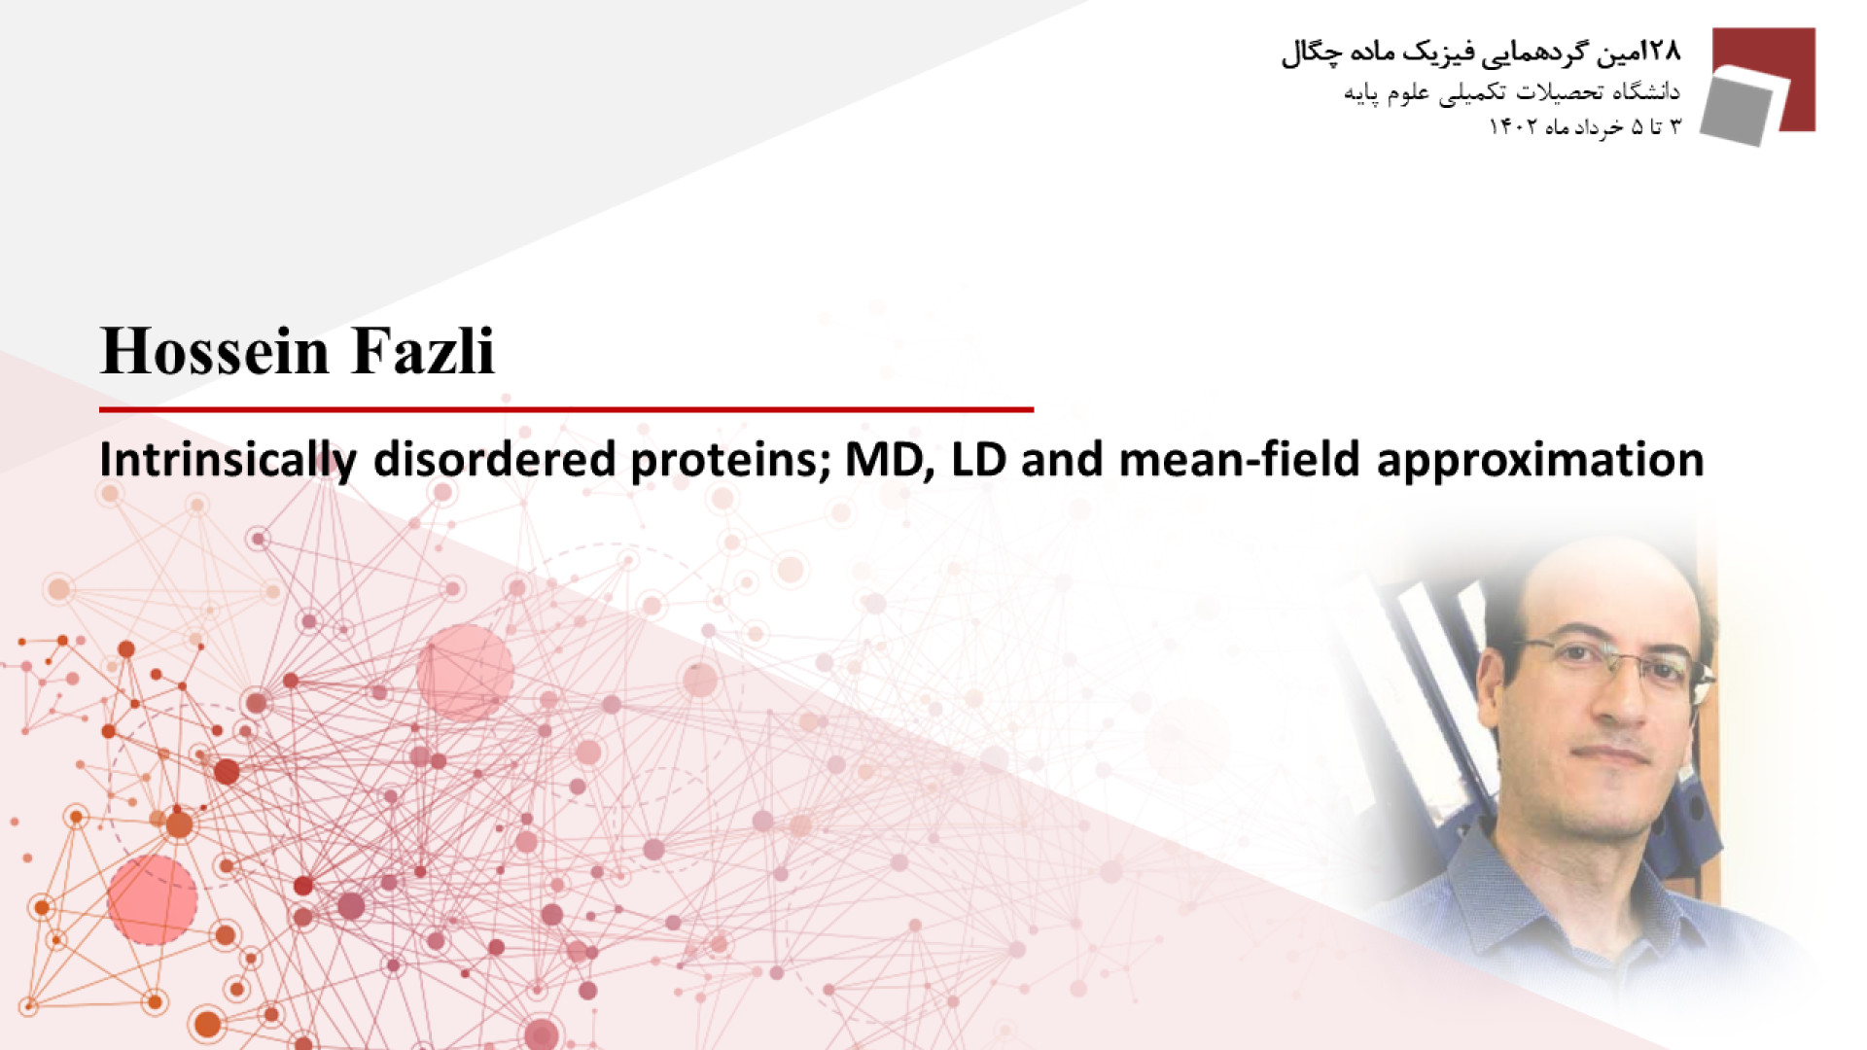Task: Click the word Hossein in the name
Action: (215, 351)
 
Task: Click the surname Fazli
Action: (423, 351)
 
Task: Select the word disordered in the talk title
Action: (495, 459)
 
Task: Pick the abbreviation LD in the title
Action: (978, 460)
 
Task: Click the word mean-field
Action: (1239, 459)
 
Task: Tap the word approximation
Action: (1540, 461)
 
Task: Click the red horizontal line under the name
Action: (566, 409)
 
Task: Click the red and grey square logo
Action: (1758, 87)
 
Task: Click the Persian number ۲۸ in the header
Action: (1664, 51)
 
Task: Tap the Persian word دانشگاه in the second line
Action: (1645, 92)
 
